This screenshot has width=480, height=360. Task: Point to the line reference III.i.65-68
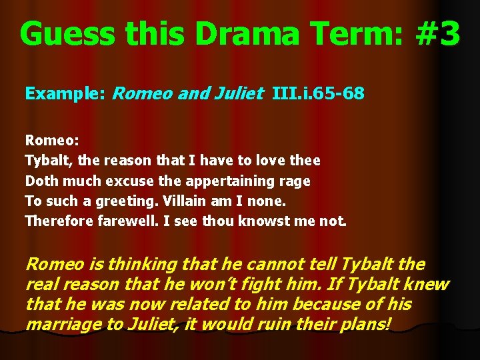(318, 93)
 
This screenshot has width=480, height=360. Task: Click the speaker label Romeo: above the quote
(52, 141)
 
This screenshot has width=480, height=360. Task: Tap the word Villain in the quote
(189, 201)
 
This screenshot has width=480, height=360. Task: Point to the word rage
(296, 181)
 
